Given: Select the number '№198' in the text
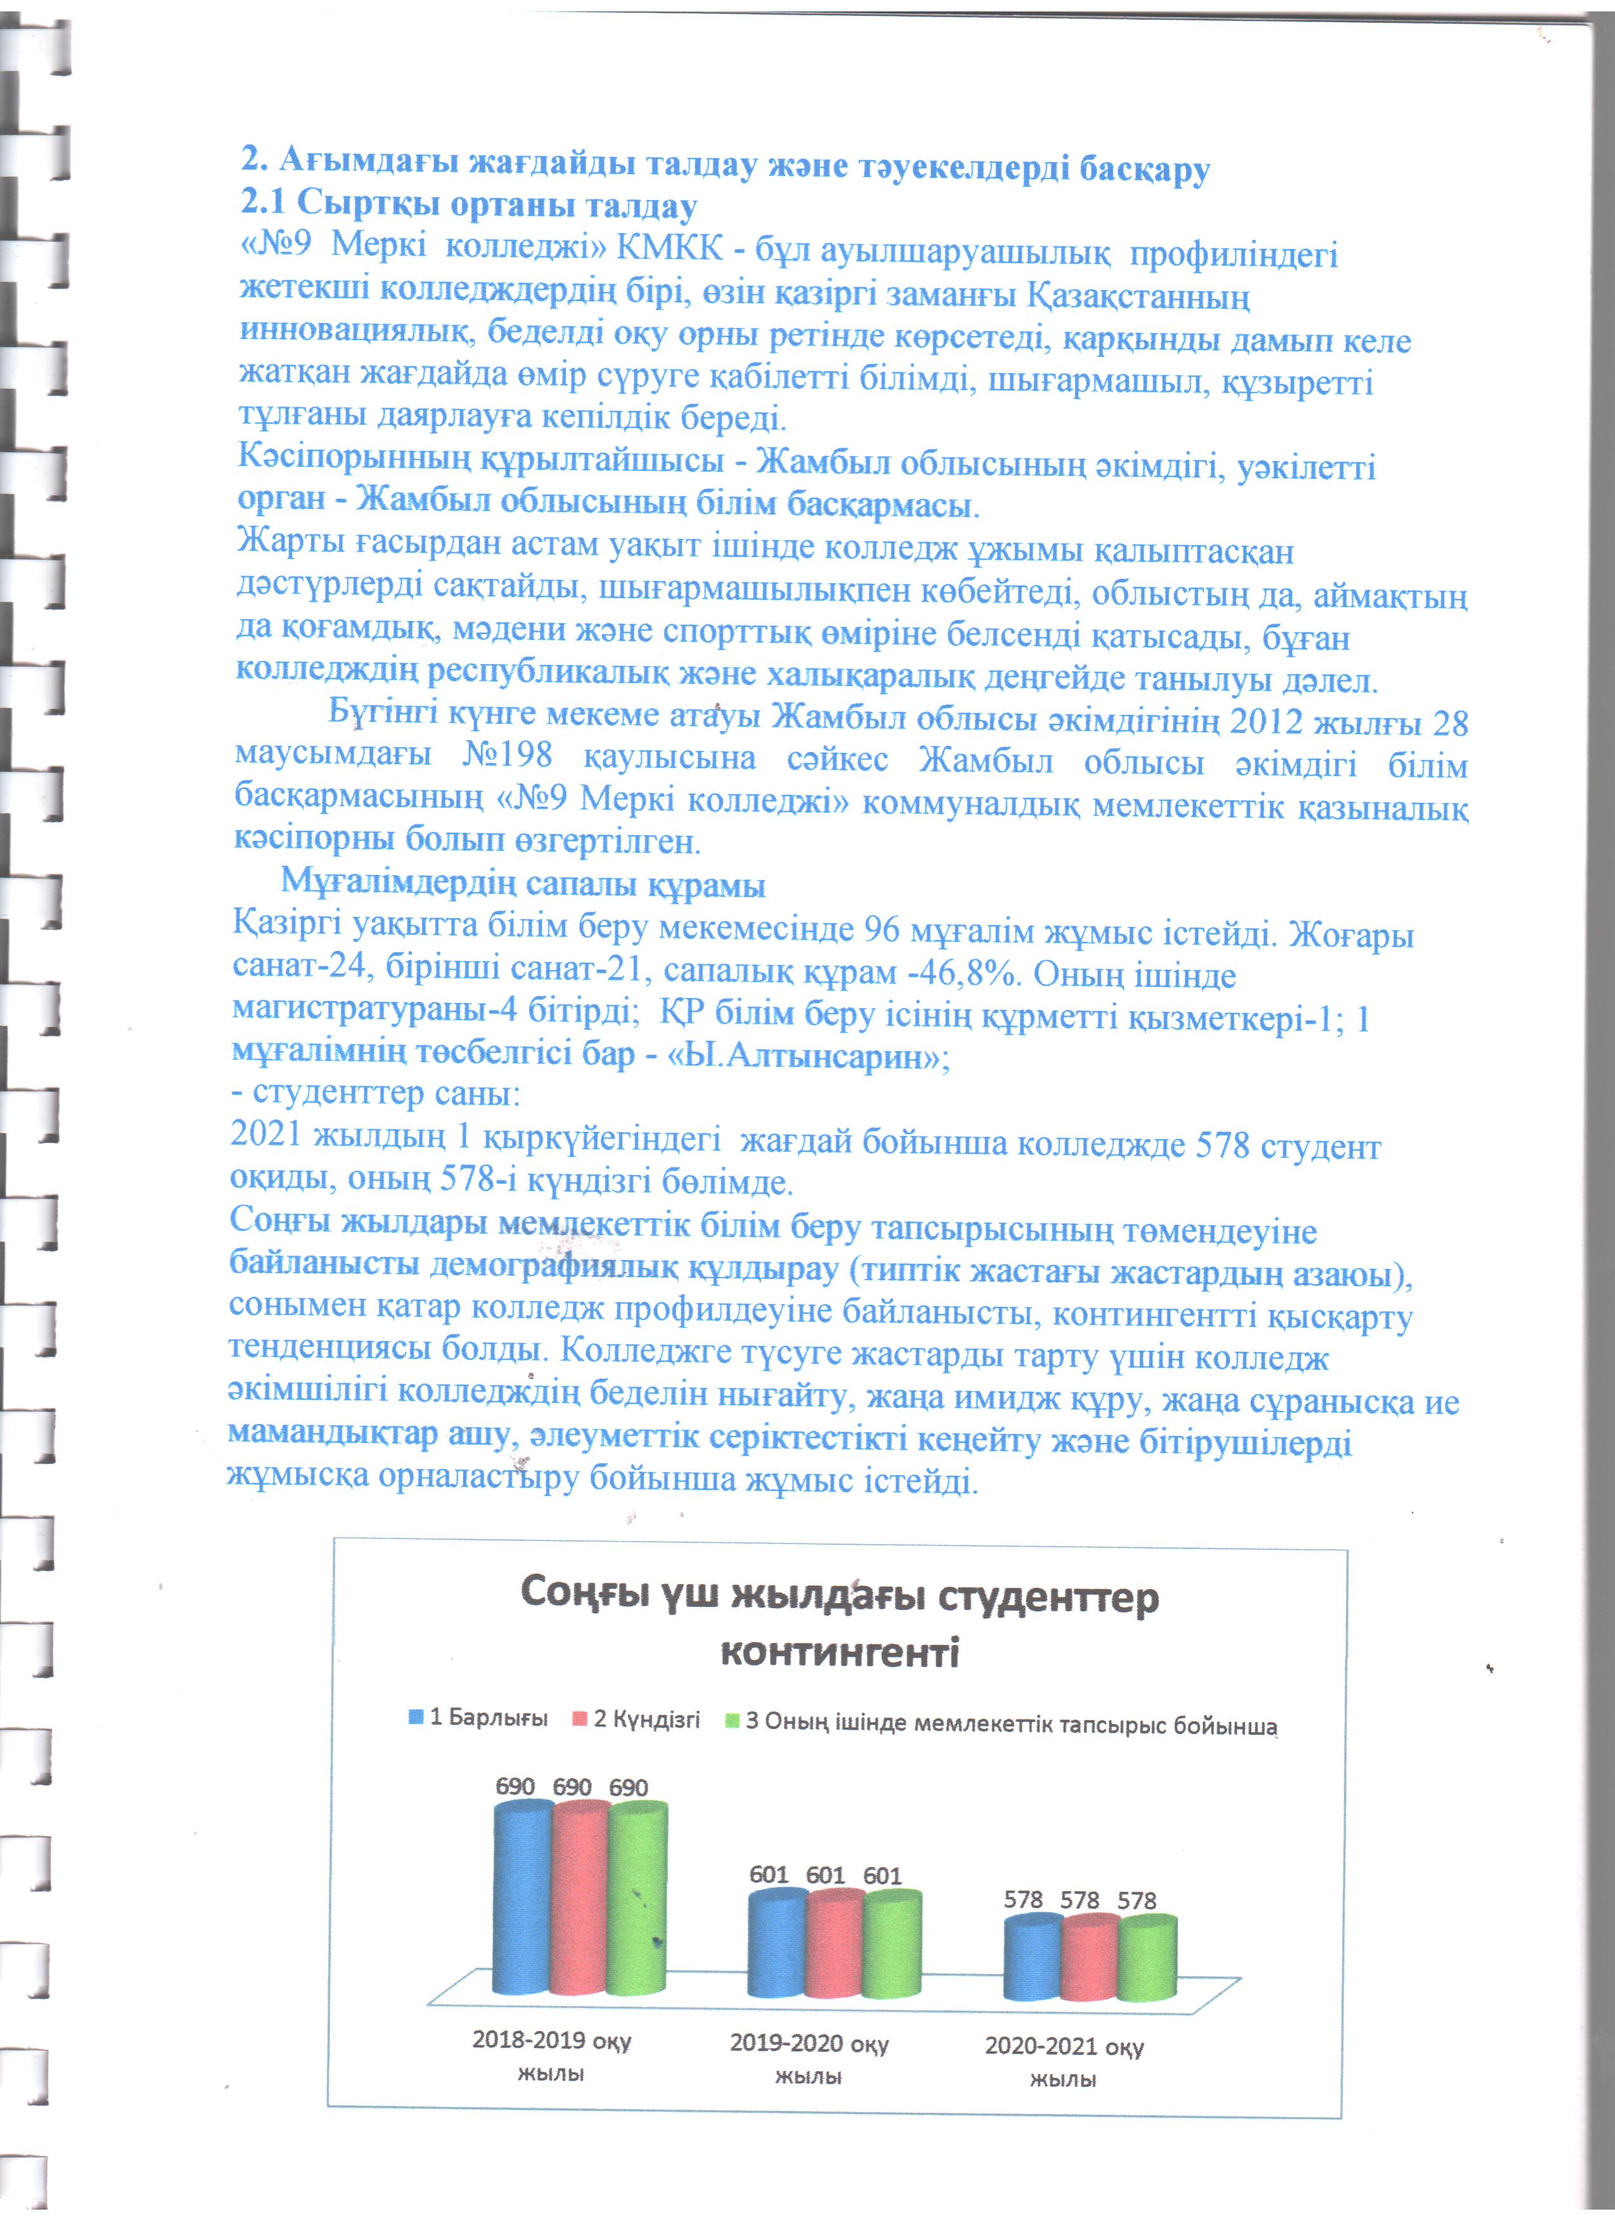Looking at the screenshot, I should [505, 757].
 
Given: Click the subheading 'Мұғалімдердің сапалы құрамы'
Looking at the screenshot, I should [523, 884].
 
